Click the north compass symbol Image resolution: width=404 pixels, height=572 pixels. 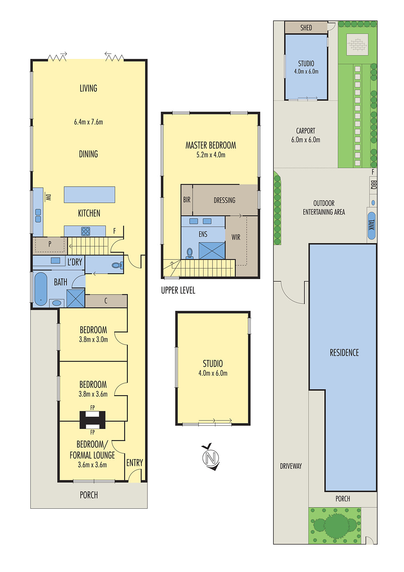210,458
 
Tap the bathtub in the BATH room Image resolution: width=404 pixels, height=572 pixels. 41,289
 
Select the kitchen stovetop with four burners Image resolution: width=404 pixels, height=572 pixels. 85,231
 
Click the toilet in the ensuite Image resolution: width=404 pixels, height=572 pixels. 189,253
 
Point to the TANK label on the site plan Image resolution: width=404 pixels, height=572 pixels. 371,225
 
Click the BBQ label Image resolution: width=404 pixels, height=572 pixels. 373,184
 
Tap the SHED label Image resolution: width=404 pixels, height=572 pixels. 306,28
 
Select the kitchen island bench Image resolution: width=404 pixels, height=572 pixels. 89,194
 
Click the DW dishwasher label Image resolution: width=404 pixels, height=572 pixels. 48,197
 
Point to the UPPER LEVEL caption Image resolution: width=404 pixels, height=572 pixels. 178,290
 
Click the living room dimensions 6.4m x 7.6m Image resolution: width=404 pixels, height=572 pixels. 89,122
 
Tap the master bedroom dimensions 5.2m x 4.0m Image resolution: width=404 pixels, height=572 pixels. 211,155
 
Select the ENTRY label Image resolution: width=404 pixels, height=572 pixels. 135,463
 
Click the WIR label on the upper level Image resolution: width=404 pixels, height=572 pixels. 236,237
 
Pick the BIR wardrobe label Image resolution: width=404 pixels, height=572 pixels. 187,200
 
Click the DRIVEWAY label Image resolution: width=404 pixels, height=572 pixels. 291,466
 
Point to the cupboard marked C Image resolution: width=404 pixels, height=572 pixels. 106,301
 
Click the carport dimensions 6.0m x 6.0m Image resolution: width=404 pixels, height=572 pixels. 306,140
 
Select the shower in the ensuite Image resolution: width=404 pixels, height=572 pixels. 212,251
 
